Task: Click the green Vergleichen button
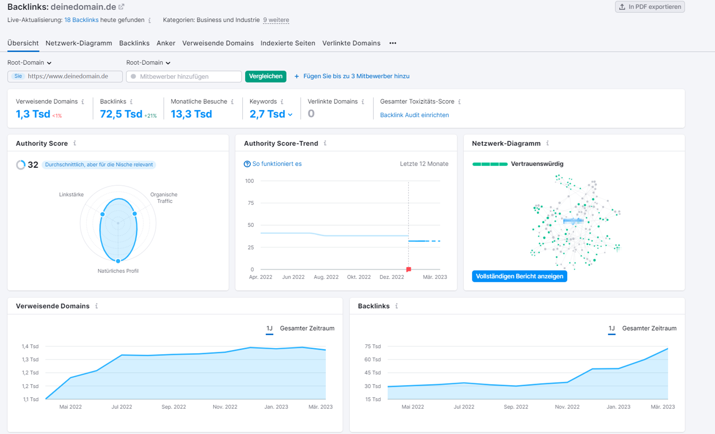[x=265, y=76]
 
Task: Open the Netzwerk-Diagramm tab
[x=79, y=43]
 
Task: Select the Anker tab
[x=166, y=43]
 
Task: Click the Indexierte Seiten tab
[x=288, y=43]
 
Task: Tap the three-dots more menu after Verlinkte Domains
[x=393, y=43]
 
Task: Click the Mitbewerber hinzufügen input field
[x=184, y=77]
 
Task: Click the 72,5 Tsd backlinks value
[x=121, y=114]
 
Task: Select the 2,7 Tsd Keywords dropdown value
[x=271, y=114]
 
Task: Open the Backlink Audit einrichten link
[x=414, y=115]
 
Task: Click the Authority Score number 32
[x=33, y=164]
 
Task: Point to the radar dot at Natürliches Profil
[x=118, y=261]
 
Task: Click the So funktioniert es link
[x=276, y=164]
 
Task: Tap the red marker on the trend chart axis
[x=408, y=269]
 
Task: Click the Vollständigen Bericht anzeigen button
[x=519, y=276]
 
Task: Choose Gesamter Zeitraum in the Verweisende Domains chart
[x=307, y=328]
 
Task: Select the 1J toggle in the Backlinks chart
[x=612, y=328]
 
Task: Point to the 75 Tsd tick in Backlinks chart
[x=372, y=346]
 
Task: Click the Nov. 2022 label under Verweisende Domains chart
[x=225, y=406]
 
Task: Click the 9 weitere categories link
[x=276, y=20]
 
